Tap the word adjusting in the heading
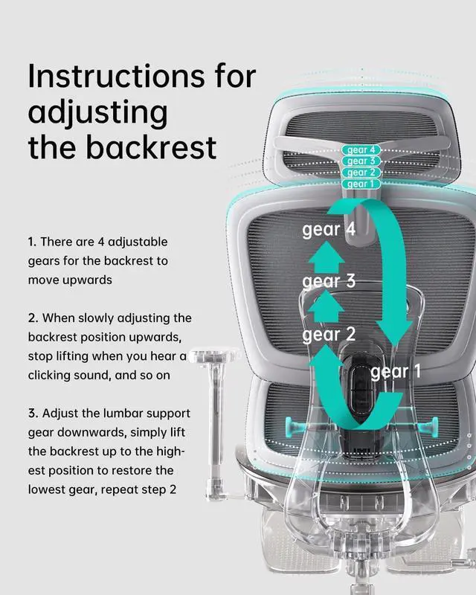pyautogui.click(x=97, y=113)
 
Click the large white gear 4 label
pyautogui.click(x=329, y=230)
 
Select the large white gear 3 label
pyautogui.click(x=329, y=282)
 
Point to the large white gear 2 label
pyautogui.click(x=329, y=335)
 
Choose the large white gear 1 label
pyautogui.click(x=399, y=371)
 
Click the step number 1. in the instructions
pyautogui.click(x=32, y=242)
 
